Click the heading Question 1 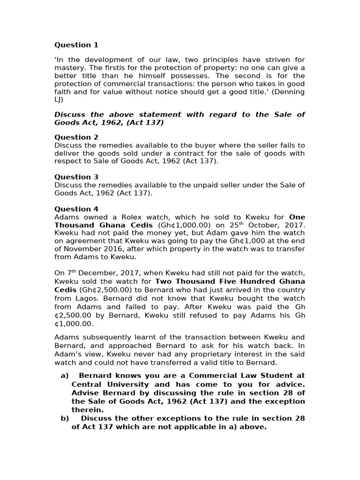tap(76, 45)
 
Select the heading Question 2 tap(76, 137)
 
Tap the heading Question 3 tap(76, 177)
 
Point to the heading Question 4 tap(76, 209)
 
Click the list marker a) tap(65, 375)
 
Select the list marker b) tap(65, 418)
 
